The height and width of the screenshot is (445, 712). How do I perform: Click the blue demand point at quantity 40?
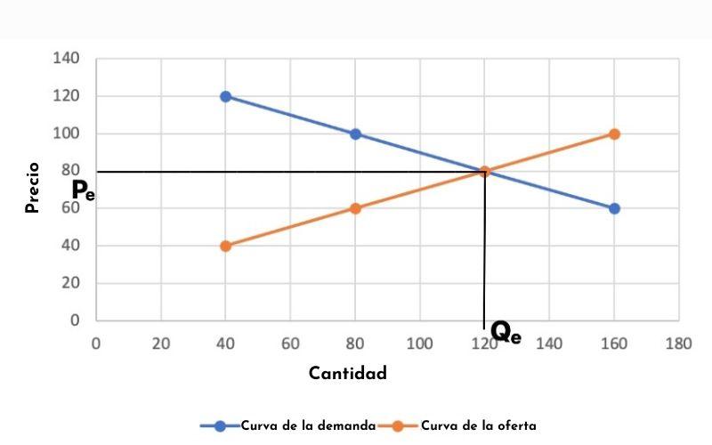[225, 96]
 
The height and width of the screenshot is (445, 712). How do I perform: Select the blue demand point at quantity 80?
[355, 133]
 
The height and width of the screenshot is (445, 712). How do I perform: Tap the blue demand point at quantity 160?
[614, 208]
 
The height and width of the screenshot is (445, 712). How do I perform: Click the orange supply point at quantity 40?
[225, 246]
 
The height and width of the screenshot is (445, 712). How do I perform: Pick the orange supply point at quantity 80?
[355, 208]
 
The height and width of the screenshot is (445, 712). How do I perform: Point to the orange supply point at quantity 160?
[614, 133]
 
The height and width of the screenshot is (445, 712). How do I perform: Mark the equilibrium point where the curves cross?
[484, 171]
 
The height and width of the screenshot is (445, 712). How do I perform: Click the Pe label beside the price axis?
[84, 190]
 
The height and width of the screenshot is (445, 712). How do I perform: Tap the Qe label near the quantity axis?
[506, 333]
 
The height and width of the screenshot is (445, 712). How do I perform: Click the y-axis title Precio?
[33, 187]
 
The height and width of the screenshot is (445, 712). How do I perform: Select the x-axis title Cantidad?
[348, 373]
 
